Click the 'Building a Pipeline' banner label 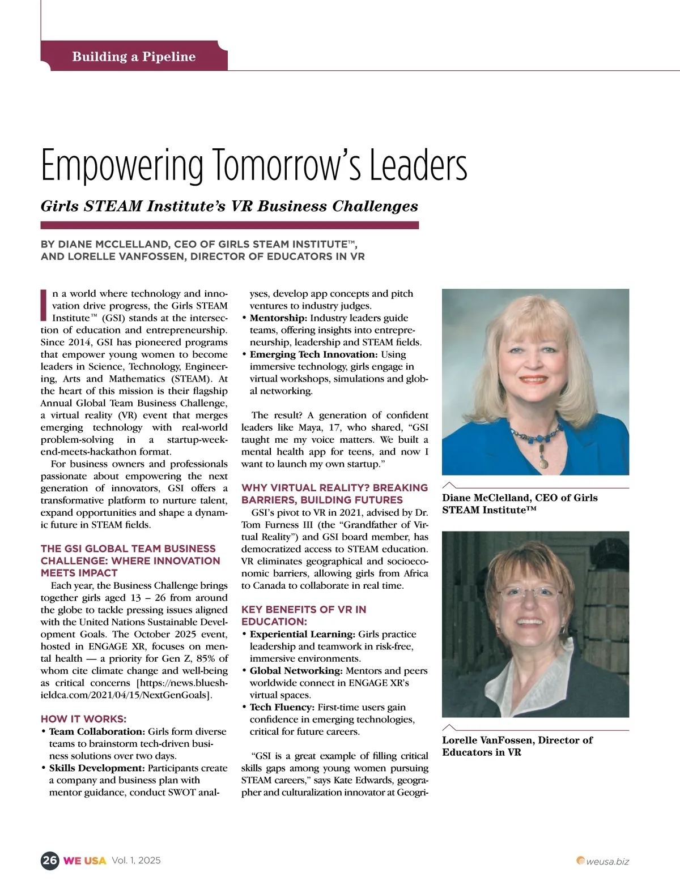(134, 57)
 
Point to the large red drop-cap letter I (45, 305)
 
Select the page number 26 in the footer (49, 860)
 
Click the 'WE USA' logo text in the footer (84, 860)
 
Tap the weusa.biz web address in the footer (607, 862)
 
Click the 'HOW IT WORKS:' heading (83, 719)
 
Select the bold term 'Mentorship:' (278, 318)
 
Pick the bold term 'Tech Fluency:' (282, 707)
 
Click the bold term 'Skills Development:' (97, 768)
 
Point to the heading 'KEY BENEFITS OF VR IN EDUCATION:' (304, 615)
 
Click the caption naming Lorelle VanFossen (517, 746)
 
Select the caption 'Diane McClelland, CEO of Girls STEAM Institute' (520, 504)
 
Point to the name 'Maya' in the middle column (326, 427)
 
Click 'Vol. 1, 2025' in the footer (136, 860)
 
